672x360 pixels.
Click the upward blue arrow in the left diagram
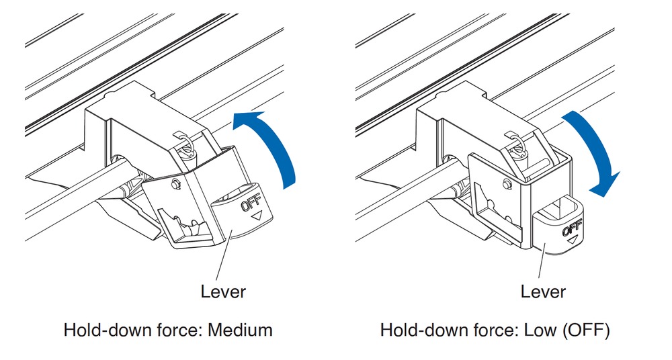click(276, 144)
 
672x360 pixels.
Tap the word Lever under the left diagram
click(223, 291)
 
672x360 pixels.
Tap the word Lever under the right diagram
click(543, 291)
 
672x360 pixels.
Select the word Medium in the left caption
click(240, 330)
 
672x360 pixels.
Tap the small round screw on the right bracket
click(506, 183)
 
